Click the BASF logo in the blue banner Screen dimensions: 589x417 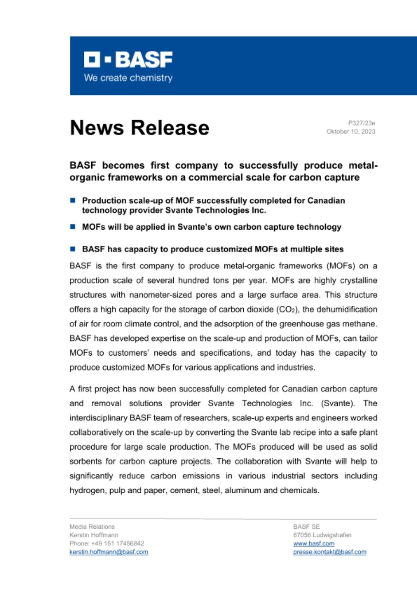[x=128, y=59]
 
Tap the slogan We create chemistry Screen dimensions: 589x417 [x=128, y=78]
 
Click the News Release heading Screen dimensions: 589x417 [x=139, y=127]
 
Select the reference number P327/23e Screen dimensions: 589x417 [x=362, y=123]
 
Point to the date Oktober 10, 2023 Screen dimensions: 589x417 [x=351, y=132]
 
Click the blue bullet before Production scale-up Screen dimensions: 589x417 [x=72, y=201]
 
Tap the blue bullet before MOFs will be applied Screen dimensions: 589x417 [x=72, y=227]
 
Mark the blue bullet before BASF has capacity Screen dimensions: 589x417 [x=72, y=249]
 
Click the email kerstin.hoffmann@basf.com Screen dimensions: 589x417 [x=109, y=552]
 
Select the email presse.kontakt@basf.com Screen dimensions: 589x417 [x=329, y=552]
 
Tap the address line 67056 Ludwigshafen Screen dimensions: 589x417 [x=322, y=535]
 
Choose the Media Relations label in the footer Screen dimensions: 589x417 [x=92, y=526]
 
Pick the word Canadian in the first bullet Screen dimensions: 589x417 [x=322, y=201]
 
